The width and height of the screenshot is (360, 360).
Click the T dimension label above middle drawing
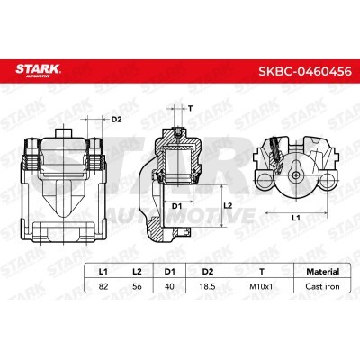[x=190, y=107]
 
